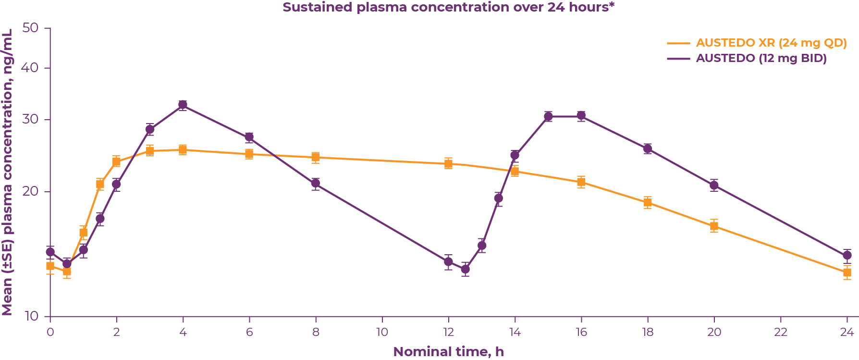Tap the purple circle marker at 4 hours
tap(183, 105)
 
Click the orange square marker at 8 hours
tap(316, 157)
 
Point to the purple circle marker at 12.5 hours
tap(465, 269)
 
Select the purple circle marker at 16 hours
tap(581, 116)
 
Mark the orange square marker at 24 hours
tap(847, 272)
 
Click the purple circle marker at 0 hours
tap(50, 252)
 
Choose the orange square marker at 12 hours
tap(448, 163)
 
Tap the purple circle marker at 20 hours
tap(714, 185)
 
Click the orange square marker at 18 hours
tap(648, 202)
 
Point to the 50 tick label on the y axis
tap(30, 28)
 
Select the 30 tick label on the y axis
tap(30, 119)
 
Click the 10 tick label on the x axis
tap(382, 332)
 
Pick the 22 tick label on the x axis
tap(780, 332)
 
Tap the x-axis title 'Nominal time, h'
tap(448, 352)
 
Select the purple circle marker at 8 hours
tap(316, 183)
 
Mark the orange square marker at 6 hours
tap(249, 154)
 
